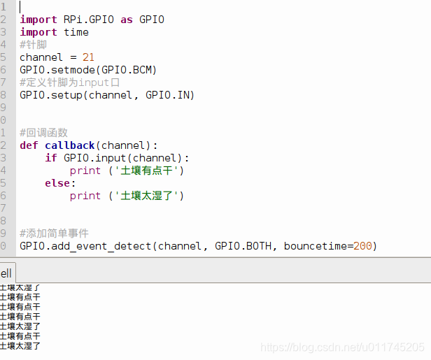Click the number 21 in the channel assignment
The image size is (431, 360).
(88, 57)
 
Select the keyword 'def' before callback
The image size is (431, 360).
(29, 145)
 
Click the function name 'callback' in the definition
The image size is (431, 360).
(70, 145)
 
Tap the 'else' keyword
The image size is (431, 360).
(57, 183)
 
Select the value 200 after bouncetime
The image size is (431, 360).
(363, 246)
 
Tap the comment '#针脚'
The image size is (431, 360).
(34, 45)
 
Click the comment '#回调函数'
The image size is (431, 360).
(43, 133)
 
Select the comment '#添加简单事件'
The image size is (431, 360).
(54, 233)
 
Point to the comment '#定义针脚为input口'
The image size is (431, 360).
(70, 82)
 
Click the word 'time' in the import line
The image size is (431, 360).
(76, 32)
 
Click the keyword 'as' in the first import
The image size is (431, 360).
(126, 20)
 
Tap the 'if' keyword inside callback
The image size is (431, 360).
(51, 158)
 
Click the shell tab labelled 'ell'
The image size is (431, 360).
(6, 273)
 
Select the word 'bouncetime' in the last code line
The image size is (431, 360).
(315, 246)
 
